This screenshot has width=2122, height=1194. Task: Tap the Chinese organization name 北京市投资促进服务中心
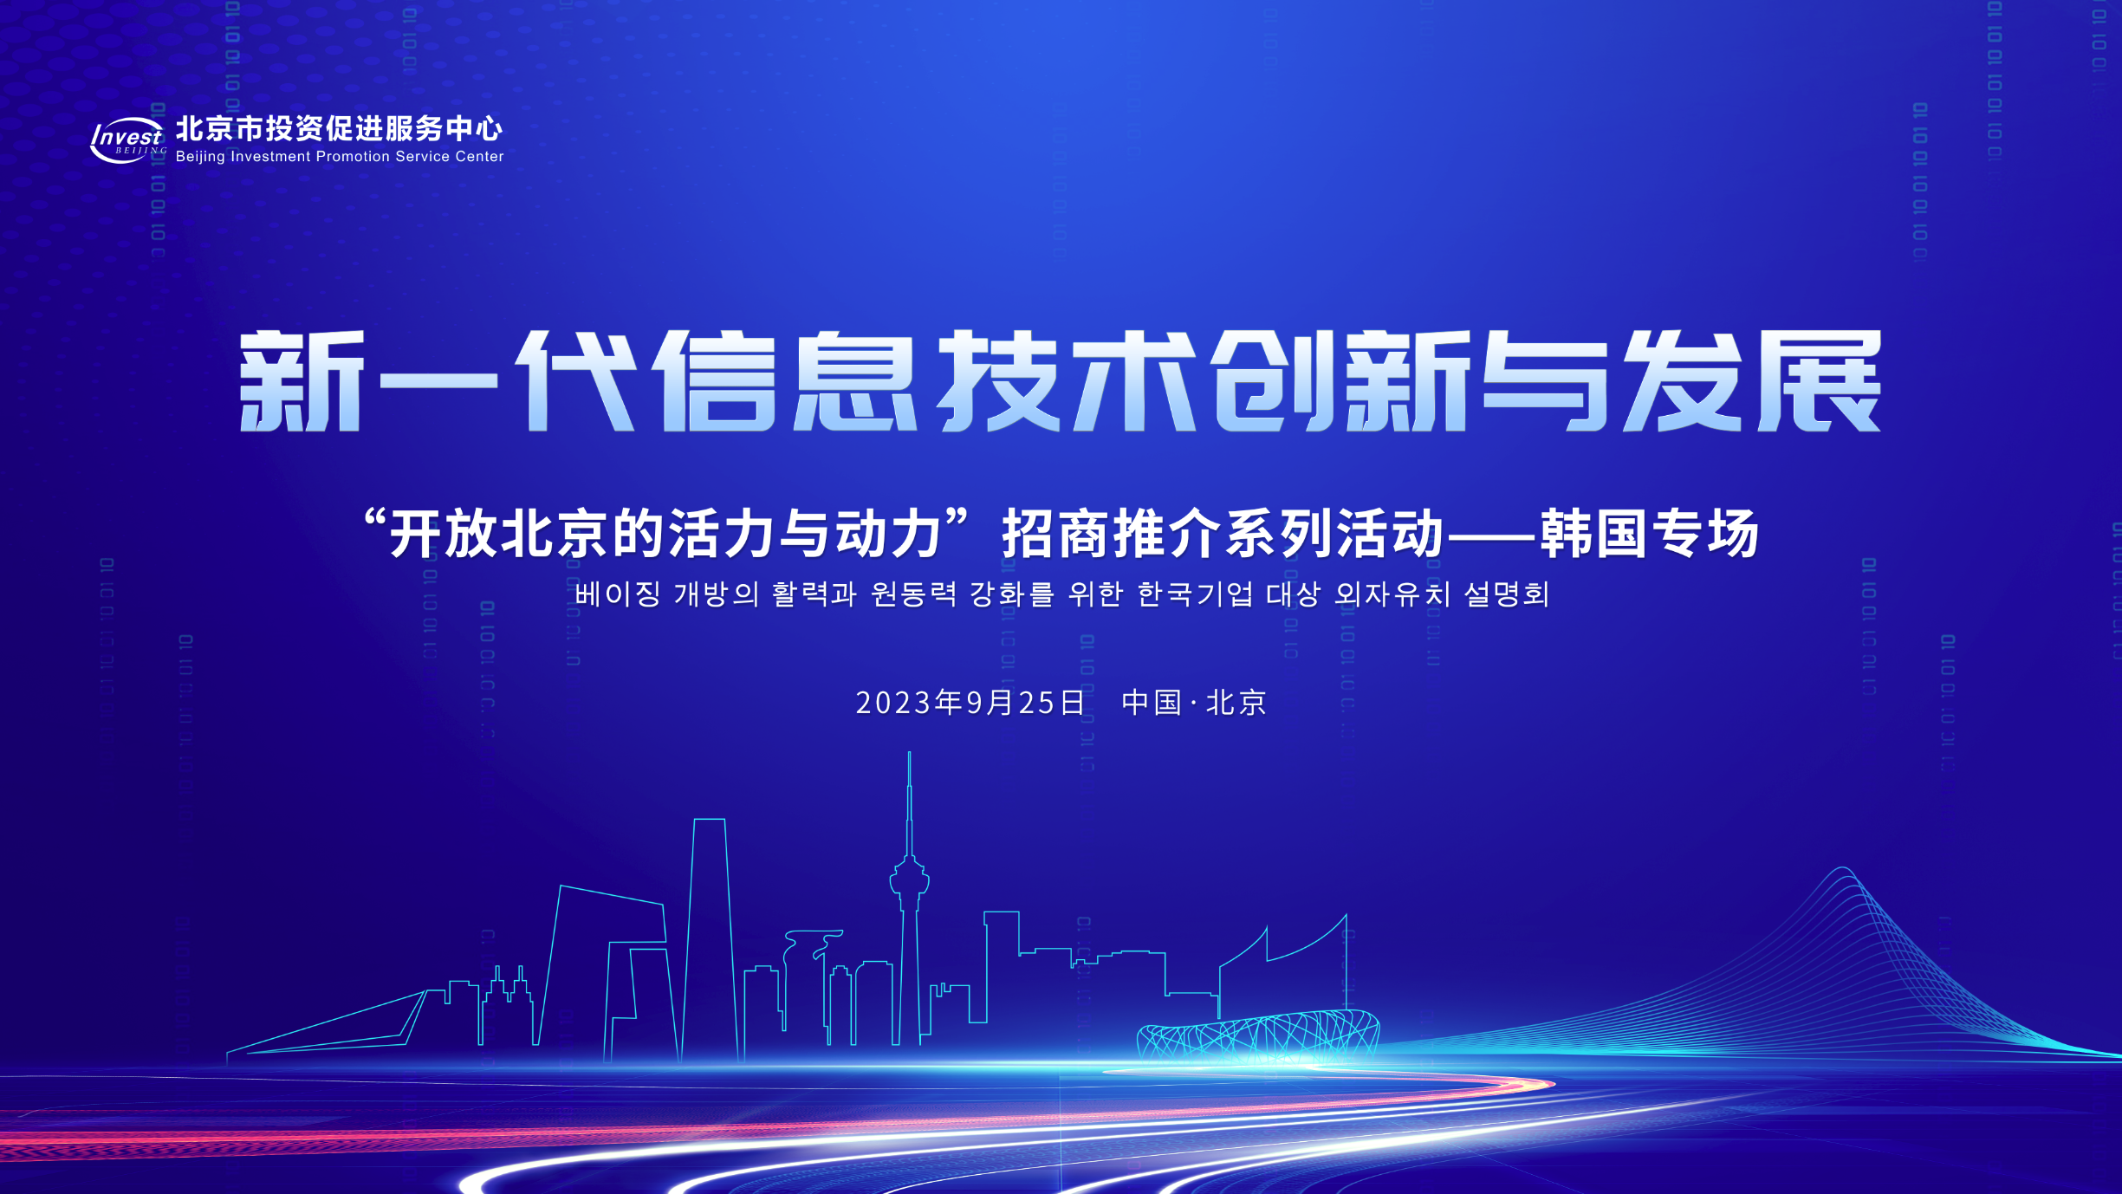339,128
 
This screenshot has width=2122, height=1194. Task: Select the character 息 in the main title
855,381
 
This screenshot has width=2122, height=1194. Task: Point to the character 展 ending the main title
1820,381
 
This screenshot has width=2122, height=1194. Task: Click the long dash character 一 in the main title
438,381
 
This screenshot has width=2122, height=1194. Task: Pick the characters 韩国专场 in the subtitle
1650,534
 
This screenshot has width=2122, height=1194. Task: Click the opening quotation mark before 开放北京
374,522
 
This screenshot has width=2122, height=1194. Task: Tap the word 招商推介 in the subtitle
1111,534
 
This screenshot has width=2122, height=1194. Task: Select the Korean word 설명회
1507,594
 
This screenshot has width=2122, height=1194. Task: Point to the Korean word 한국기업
1195,594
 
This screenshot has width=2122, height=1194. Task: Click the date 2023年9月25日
970,703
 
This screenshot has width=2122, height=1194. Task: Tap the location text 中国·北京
1194,703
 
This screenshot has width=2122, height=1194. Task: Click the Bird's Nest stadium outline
1258,1036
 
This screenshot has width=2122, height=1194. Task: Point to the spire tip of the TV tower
909,753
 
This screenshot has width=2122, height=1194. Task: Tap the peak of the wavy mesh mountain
1842,868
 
